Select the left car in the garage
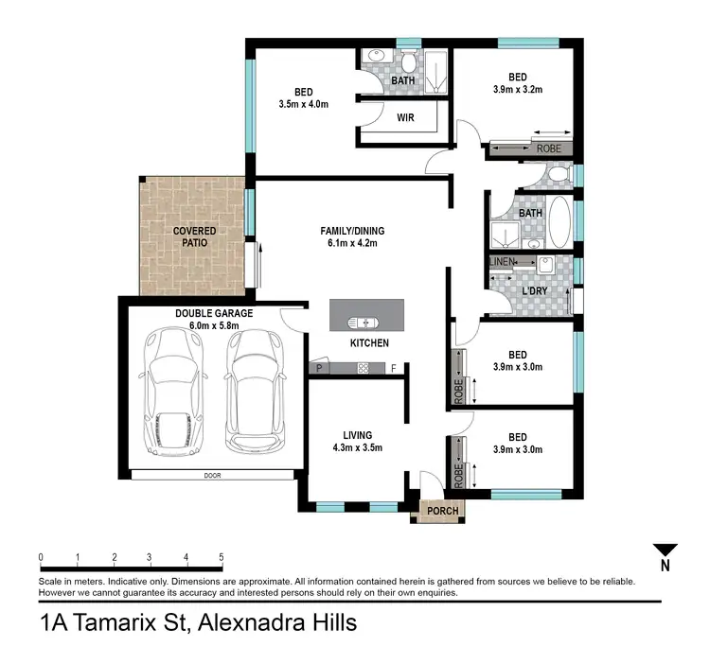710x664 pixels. click(x=172, y=392)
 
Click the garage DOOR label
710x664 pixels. click(x=211, y=476)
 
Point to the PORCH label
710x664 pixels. click(x=442, y=511)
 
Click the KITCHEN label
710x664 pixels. click(x=369, y=342)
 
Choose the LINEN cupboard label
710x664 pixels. click(x=502, y=261)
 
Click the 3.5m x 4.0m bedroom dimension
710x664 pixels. click(x=303, y=104)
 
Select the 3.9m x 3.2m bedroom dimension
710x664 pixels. click(x=517, y=90)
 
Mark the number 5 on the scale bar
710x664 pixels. click(x=222, y=557)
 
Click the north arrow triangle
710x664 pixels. click(x=666, y=550)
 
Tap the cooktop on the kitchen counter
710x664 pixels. click(x=363, y=367)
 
